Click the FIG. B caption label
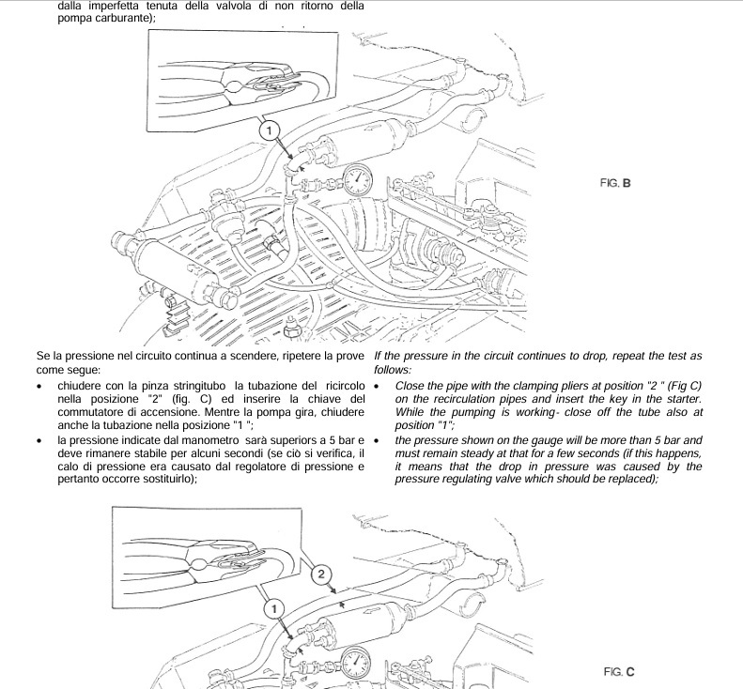pos(612,184)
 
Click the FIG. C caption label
pos(619,672)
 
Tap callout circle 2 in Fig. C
pos(320,573)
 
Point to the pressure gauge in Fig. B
pos(356,178)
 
